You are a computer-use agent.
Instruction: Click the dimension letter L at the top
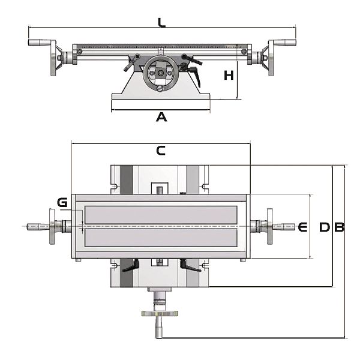coord(161,23)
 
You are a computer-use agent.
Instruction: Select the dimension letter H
coord(229,76)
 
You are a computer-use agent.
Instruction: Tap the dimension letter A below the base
coord(161,117)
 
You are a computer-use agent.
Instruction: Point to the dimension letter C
coord(161,151)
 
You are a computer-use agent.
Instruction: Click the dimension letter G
coord(62,202)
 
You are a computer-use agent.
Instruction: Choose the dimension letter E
coord(302,227)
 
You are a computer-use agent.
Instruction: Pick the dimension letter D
coord(325,227)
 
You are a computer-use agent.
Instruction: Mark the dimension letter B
coord(340,227)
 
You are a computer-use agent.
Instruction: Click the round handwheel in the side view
coord(160,73)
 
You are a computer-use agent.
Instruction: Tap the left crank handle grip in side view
coord(39,42)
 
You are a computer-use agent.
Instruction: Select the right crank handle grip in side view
coord(285,42)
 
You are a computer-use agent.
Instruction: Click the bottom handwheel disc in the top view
coord(160,313)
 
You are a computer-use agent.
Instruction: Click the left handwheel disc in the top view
coord(52,226)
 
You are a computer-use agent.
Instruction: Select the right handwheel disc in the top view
coord(270,226)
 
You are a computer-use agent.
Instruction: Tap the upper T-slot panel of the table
coord(161,215)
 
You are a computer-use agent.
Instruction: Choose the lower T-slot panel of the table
coord(161,238)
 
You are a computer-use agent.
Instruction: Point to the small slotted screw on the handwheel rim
coord(160,88)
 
